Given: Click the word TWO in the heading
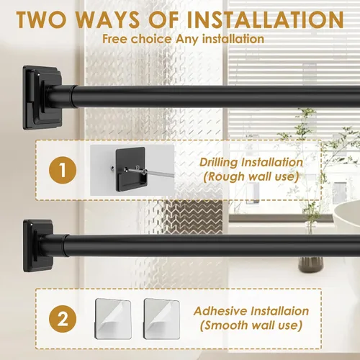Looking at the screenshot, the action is coord(41,19).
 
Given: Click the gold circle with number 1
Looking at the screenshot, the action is coord(63,170).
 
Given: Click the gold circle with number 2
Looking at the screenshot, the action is coord(63,319).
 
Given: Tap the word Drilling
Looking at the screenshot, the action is coord(218,163).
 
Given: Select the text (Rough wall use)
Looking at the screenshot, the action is coord(251,177).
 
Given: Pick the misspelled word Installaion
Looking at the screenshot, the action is coord(279,311).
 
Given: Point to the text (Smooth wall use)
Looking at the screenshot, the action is coord(251,325).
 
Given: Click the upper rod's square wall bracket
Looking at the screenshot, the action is coord(42,98).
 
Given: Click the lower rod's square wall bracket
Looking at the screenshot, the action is coord(38,246).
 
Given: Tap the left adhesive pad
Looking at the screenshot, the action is coord(113,318).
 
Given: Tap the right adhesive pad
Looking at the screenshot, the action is coord(162,318).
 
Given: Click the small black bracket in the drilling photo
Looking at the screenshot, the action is coord(130,169).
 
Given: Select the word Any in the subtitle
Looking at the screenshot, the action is coord(186,40).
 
